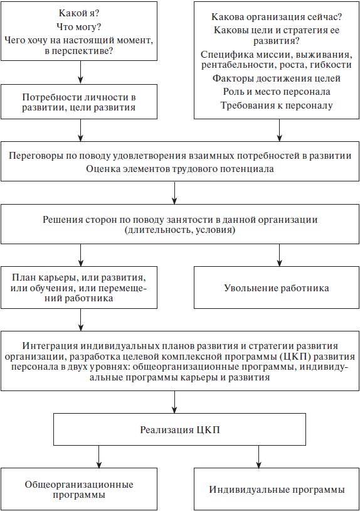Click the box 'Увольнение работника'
[x=277, y=288]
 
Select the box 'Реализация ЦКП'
[x=180, y=429]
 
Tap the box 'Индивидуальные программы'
[x=277, y=489]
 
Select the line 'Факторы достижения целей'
[x=277, y=78]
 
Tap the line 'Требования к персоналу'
[x=277, y=105]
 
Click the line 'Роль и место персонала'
[x=277, y=92]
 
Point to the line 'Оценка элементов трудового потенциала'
[x=180, y=168]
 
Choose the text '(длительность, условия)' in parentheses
[x=180, y=230]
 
